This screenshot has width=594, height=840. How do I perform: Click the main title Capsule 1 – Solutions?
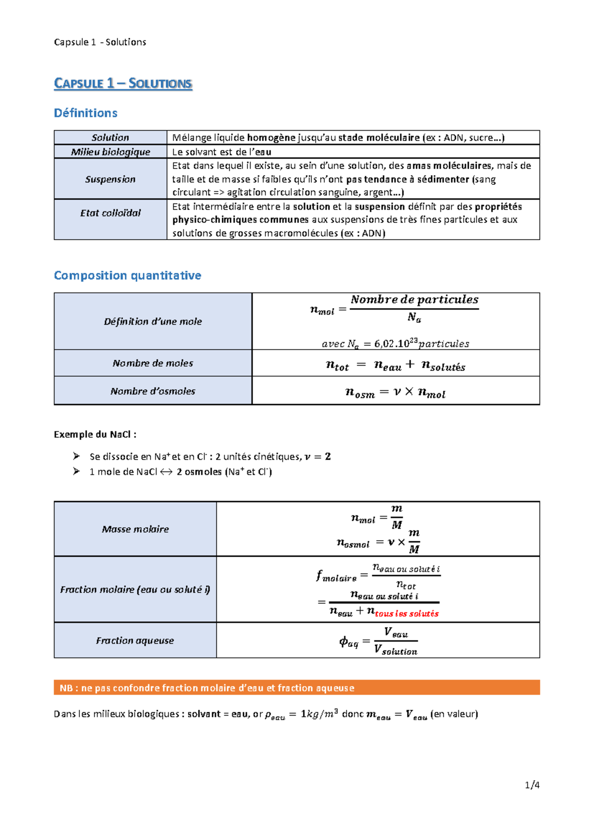pyautogui.click(x=123, y=83)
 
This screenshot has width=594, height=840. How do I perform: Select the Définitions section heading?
pyautogui.click(x=86, y=113)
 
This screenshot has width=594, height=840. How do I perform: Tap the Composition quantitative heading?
pyautogui.click(x=127, y=275)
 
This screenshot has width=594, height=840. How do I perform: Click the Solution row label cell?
pyautogui.click(x=110, y=138)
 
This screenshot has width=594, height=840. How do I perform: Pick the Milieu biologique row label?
pyautogui.click(x=110, y=152)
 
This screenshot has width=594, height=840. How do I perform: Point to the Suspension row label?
pyautogui.click(x=110, y=179)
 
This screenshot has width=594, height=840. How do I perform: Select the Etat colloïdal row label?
pyautogui.click(x=110, y=213)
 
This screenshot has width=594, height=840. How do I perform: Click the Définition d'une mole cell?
pyautogui.click(x=153, y=321)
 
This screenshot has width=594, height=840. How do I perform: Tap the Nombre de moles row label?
pyautogui.click(x=153, y=363)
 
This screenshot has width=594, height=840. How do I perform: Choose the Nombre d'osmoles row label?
pyautogui.click(x=153, y=391)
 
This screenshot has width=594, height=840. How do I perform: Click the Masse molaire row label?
pyautogui.click(x=135, y=529)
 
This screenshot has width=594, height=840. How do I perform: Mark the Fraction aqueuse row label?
pyautogui.click(x=135, y=640)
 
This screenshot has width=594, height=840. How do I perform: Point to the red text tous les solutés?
pyautogui.click(x=406, y=614)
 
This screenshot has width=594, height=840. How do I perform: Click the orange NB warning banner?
pyautogui.click(x=297, y=687)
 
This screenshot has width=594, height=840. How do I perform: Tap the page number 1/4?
pyautogui.click(x=532, y=785)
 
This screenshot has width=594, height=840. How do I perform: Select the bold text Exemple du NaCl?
pyautogui.click(x=95, y=434)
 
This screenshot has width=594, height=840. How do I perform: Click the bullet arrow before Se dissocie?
pyautogui.click(x=76, y=456)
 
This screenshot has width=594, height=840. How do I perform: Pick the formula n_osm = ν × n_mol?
pyautogui.click(x=395, y=393)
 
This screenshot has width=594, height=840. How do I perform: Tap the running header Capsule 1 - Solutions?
pyautogui.click(x=100, y=42)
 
